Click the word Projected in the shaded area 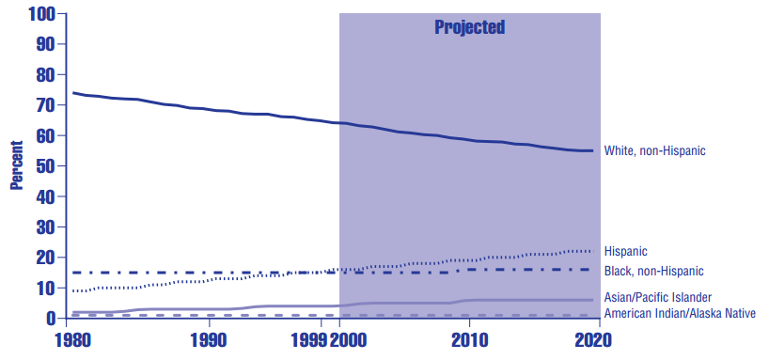pyautogui.click(x=469, y=27)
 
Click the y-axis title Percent pyautogui.click(x=16, y=166)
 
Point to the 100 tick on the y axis pyautogui.click(x=41, y=14)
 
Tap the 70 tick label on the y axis pyautogui.click(x=45, y=105)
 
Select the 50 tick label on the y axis pyautogui.click(x=45, y=166)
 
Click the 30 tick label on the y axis pyautogui.click(x=45, y=227)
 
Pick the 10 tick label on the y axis pyautogui.click(x=45, y=289)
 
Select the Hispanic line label pyautogui.click(x=625, y=252)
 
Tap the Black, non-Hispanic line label pyautogui.click(x=653, y=271)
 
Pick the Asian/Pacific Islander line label pyautogui.click(x=657, y=297)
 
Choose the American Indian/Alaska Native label pyautogui.click(x=679, y=313)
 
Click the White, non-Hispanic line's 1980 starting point pyautogui.click(x=73, y=92)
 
